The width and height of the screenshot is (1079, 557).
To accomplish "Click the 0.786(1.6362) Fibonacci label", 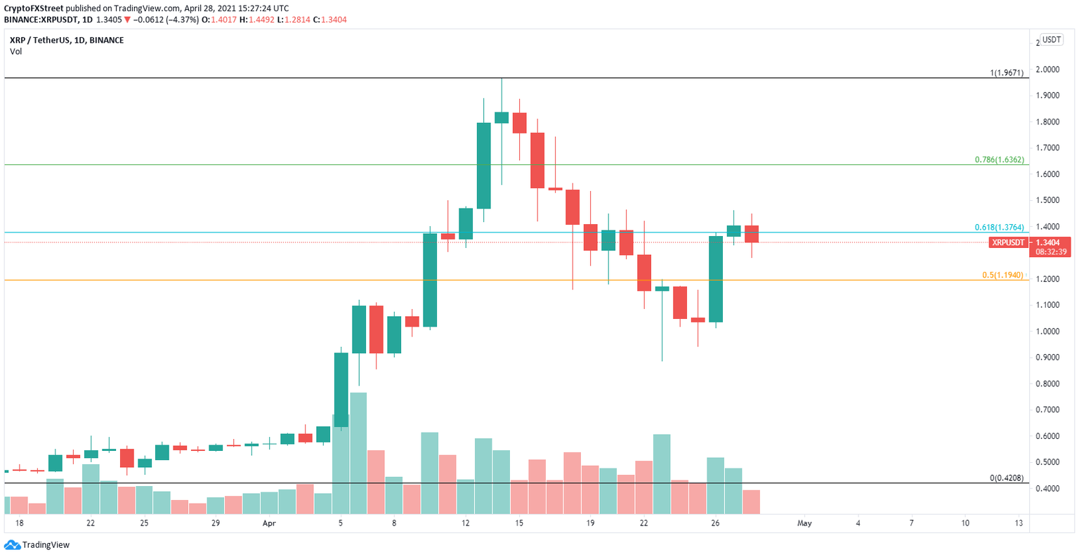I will tap(999, 160).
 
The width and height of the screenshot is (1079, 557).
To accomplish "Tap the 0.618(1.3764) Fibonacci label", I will tap(999, 228).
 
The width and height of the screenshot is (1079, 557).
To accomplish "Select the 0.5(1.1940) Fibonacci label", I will tap(1002, 275).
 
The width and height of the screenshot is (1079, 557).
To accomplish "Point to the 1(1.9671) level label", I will tap(1007, 73).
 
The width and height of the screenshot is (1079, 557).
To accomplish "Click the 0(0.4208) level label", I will tap(1006, 478).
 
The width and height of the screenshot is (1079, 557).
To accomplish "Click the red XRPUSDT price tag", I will tap(1007, 242).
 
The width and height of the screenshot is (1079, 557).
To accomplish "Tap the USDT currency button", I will tap(1051, 40).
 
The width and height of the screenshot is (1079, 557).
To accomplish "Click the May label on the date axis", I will tap(804, 523).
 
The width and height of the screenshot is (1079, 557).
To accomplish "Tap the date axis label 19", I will tap(590, 523).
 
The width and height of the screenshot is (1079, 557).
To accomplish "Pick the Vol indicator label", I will tap(15, 51).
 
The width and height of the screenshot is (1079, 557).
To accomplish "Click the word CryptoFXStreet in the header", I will tap(34, 8).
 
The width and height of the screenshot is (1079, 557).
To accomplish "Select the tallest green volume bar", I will tap(358, 454).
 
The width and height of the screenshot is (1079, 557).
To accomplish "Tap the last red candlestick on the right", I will tap(752, 234).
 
